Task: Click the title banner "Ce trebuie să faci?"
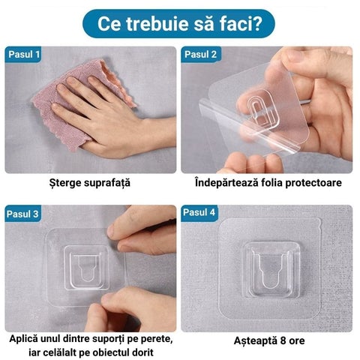[180, 23]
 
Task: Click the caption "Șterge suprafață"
[91, 183]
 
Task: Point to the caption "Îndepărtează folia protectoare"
[268, 183]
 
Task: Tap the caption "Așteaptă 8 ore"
[268, 341]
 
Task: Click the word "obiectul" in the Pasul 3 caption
[117, 353]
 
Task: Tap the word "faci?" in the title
[241, 23]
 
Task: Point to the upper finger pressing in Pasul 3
[142, 236]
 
